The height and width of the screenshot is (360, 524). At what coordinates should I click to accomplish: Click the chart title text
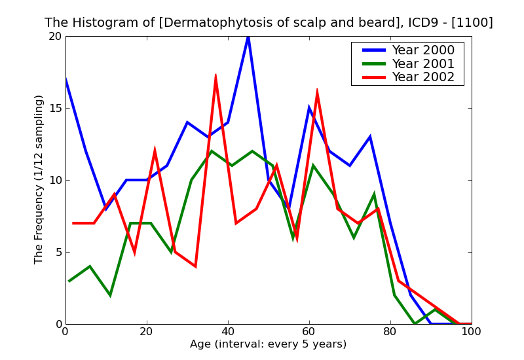click(x=269, y=23)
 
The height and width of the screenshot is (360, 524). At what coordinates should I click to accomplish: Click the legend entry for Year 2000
click(x=422, y=50)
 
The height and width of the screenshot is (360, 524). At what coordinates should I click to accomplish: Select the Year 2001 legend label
click(x=422, y=63)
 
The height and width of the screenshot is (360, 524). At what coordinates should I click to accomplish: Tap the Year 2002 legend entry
click(x=422, y=77)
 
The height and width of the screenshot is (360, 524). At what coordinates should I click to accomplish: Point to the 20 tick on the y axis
click(x=54, y=37)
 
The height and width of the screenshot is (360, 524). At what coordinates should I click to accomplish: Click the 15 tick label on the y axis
click(x=54, y=109)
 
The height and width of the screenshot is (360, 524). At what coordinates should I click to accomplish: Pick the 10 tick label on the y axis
click(x=54, y=181)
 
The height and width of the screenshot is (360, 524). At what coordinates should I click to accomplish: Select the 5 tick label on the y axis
click(x=57, y=253)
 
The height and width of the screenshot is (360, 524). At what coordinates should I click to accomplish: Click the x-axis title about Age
click(x=268, y=344)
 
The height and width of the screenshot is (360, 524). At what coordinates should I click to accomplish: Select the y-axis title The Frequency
click(x=39, y=179)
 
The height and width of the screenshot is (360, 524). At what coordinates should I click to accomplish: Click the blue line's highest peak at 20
click(x=248, y=37)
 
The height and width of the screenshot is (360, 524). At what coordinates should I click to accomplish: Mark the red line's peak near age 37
click(x=215, y=75)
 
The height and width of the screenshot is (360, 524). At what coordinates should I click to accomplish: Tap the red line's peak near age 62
click(x=317, y=90)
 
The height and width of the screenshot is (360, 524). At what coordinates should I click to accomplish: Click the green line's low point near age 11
click(x=110, y=295)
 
